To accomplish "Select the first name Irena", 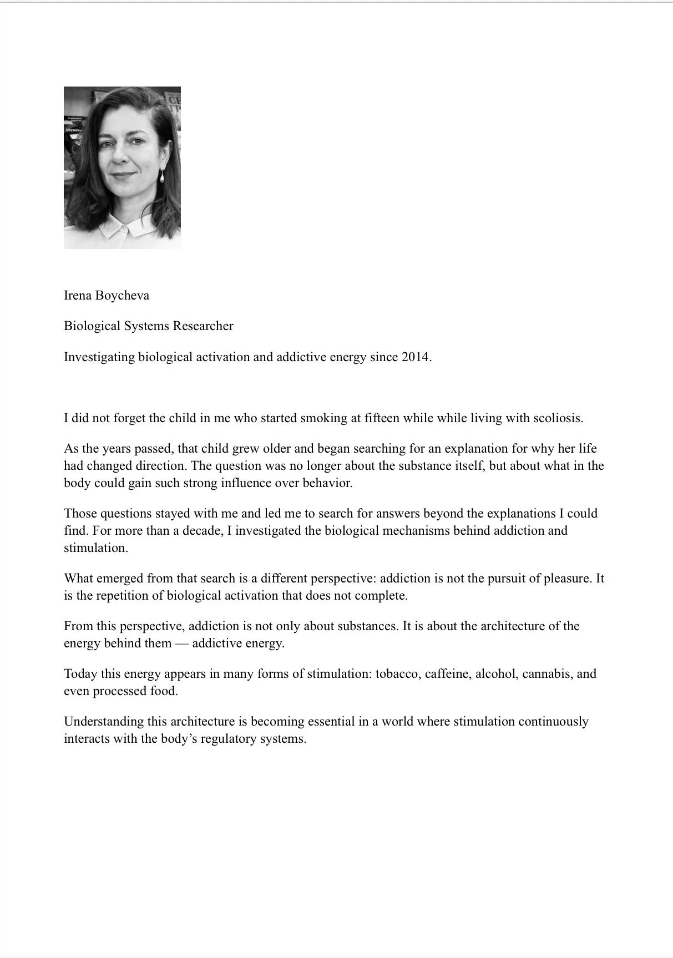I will [x=78, y=295].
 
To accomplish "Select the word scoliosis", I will [x=558, y=418].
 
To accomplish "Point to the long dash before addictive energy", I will [x=182, y=643].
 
